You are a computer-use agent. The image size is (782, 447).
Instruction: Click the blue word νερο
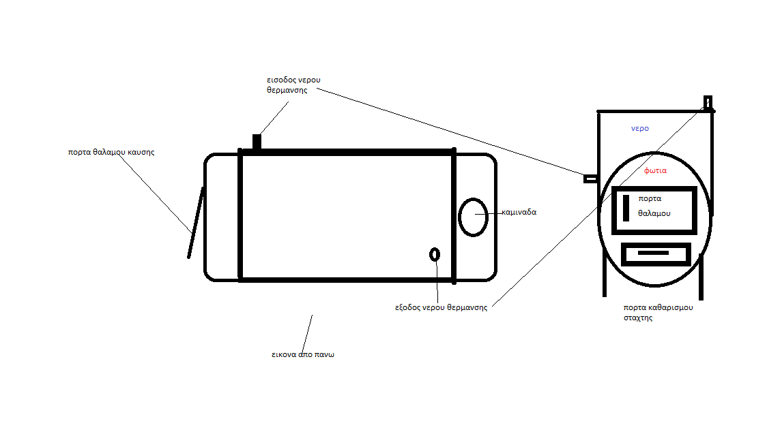pyautogui.click(x=639, y=128)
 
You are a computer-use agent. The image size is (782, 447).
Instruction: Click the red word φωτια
pyautogui.click(x=655, y=170)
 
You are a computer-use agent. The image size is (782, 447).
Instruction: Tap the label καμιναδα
pyautogui.click(x=519, y=212)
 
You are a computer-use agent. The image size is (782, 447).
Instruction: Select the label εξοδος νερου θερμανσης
pyautogui.click(x=441, y=307)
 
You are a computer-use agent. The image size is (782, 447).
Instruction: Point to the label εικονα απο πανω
pyautogui.click(x=302, y=355)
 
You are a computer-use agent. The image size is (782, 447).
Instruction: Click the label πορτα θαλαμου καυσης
pyautogui.click(x=111, y=152)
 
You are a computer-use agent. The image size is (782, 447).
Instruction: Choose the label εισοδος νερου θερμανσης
pyautogui.click(x=293, y=84)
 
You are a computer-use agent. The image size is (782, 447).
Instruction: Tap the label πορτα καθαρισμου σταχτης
pyautogui.click(x=658, y=312)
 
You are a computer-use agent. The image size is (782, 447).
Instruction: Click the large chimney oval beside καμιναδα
pyautogui.click(x=472, y=217)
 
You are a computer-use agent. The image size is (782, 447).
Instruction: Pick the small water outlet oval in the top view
pyautogui.click(x=435, y=254)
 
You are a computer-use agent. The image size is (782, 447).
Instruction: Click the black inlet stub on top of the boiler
pyautogui.click(x=257, y=142)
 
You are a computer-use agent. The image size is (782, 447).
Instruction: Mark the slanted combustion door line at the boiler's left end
pyautogui.click(x=196, y=223)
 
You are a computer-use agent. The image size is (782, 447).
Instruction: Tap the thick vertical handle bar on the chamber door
pyautogui.click(x=626, y=208)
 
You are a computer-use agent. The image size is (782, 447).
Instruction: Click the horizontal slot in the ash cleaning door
pyautogui.click(x=653, y=253)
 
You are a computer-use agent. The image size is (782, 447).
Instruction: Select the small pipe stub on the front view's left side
pyautogui.click(x=590, y=179)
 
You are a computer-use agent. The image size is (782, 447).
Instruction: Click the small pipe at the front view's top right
pyautogui.click(x=708, y=103)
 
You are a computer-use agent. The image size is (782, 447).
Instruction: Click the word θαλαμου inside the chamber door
pyautogui.click(x=654, y=213)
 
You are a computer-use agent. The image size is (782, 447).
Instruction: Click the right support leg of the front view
pyautogui.click(x=701, y=276)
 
